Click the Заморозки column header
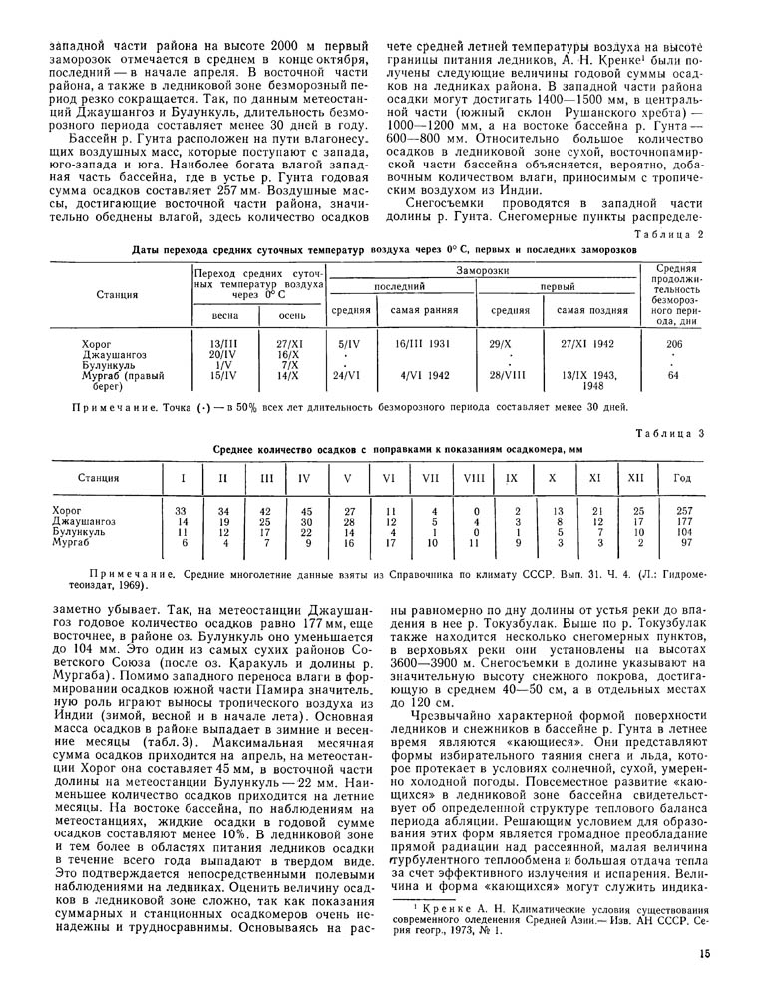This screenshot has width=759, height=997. coord(489,270)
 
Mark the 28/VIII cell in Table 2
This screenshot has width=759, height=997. coord(510,376)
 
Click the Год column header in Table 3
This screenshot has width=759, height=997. coord(682,479)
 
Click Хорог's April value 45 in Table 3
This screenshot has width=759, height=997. coord(306,510)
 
